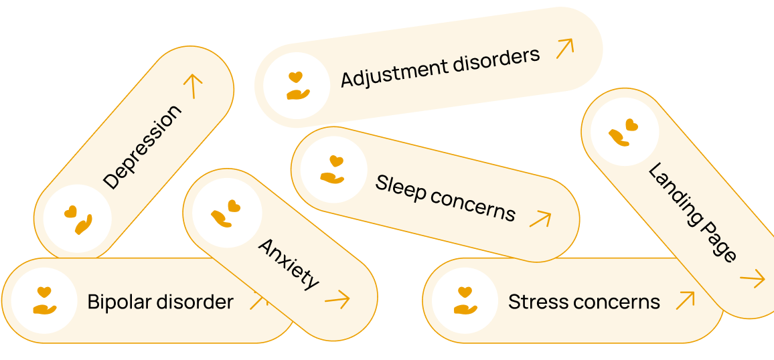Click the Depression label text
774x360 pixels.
tap(142, 147)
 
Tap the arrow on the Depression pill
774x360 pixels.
tap(193, 86)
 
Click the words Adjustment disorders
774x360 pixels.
tap(440, 68)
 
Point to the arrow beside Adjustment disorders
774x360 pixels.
tap(565, 48)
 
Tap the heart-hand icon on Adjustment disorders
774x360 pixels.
tap(296, 86)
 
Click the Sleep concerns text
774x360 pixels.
tap(445, 197)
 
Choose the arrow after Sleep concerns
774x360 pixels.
tap(540, 218)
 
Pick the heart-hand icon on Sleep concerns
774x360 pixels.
tap(333, 170)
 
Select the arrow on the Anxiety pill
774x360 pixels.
tap(337, 299)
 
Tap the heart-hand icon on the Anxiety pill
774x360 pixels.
tap(226, 213)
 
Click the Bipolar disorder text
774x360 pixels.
tap(161, 302)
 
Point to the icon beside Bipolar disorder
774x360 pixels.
tap(44, 300)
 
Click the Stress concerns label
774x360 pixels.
tap(584, 302)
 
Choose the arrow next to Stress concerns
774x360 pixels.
tap(684, 300)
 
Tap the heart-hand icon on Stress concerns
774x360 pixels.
tap(465, 300)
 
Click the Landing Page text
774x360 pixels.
tap(692, 212)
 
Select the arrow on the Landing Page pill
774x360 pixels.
tap(752, 278)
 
